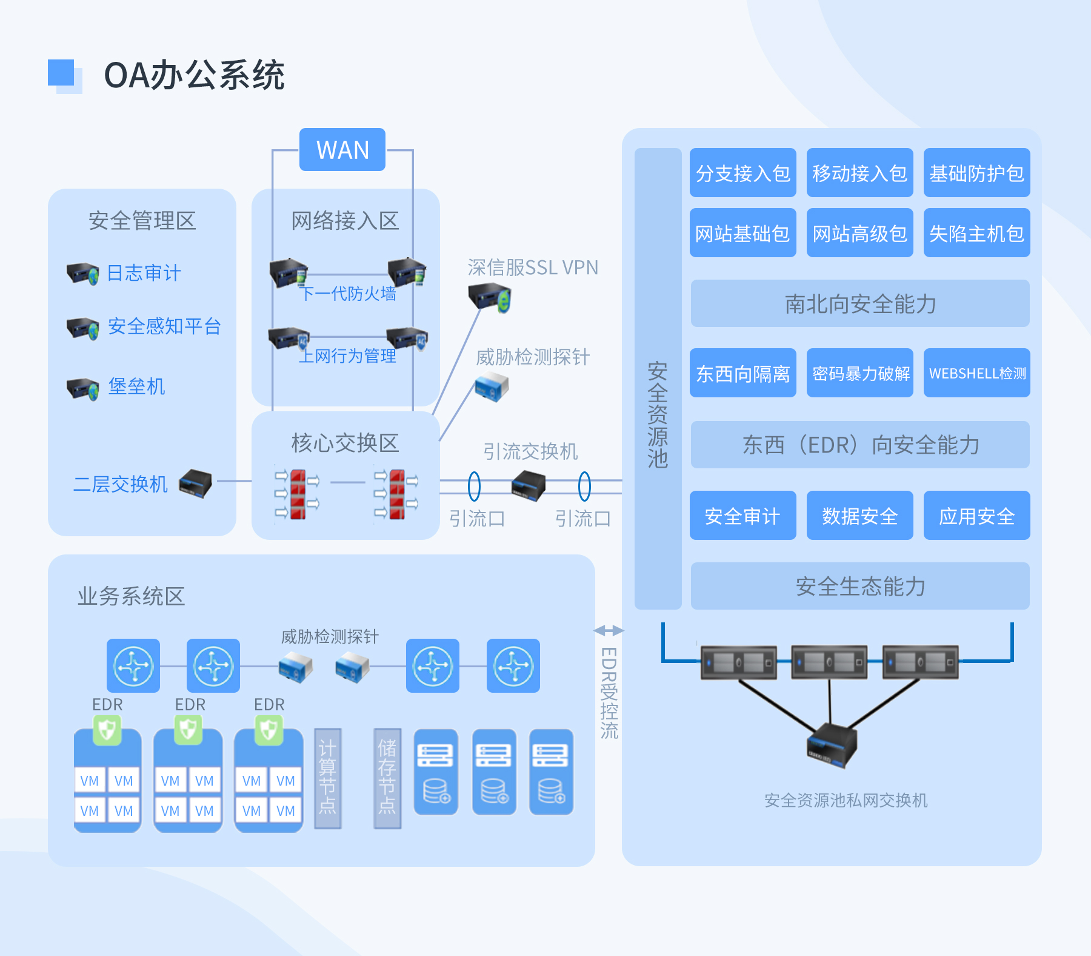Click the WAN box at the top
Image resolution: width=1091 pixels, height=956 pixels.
point(342,150)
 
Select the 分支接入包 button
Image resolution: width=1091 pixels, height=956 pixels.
point(742,173)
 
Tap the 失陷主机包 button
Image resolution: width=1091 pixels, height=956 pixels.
point(976,233)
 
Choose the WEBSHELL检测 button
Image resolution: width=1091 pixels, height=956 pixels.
point(976,373)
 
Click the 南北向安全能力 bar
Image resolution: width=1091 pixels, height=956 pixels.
point(859,303)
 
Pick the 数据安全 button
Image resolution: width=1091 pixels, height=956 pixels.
point(859,516)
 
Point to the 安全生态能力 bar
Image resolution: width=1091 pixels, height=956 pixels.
point(859,586)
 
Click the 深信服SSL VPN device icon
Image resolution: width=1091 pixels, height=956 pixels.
point(490,298)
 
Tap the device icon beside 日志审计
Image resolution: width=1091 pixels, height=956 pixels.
point(83,274)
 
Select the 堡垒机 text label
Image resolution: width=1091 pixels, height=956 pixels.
point(136,386)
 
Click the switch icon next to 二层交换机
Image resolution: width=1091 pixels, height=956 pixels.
point(196,483)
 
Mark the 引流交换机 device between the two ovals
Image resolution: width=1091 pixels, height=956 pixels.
point(529,486)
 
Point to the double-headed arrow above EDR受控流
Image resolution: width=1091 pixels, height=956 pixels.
point(609,631)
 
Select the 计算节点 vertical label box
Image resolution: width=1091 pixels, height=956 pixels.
point(328,778)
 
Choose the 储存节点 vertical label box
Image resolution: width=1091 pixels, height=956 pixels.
point(387,778)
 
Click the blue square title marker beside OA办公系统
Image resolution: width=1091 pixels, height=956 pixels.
point(62,73)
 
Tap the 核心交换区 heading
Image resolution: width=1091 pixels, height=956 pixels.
point(345,443)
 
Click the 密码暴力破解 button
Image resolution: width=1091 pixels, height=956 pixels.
point(859,373)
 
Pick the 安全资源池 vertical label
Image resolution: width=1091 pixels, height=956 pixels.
point(658,416)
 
